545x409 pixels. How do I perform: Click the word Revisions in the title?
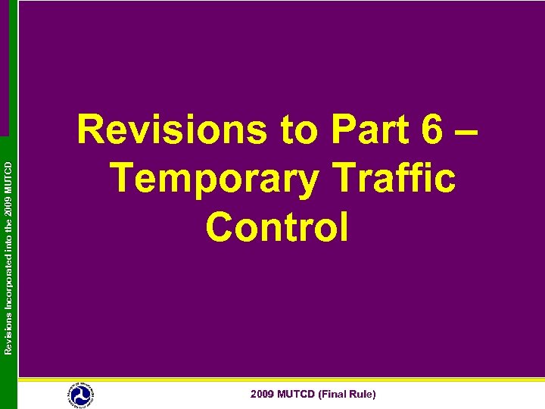point(173,131)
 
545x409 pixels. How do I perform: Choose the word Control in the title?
point(277,226)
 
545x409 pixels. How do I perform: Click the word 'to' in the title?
point(300,132)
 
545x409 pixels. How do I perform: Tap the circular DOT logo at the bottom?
point(80,395)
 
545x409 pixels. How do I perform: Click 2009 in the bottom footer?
point(263,395)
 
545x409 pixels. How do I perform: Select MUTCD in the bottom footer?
point(297,395)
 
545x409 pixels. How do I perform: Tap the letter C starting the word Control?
point(220,226)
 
